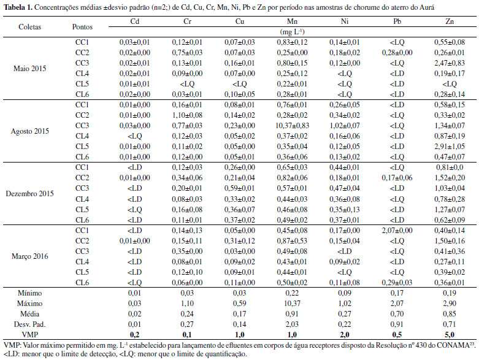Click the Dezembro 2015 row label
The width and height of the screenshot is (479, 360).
pyautogui.click(x=31, y=193)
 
